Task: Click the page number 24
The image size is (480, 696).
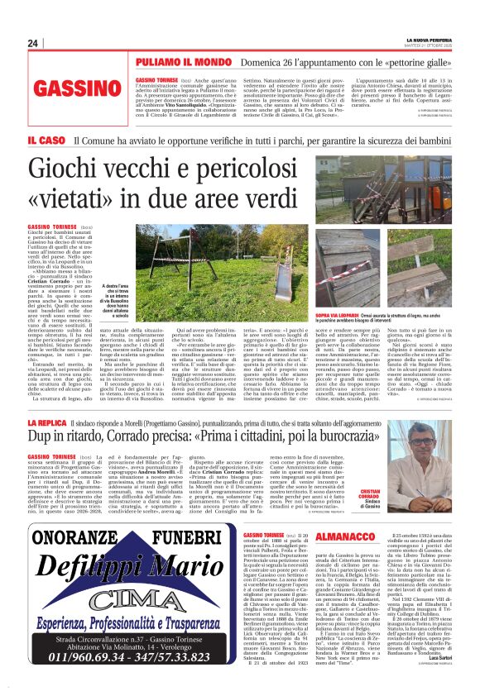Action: tap(33, 43)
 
